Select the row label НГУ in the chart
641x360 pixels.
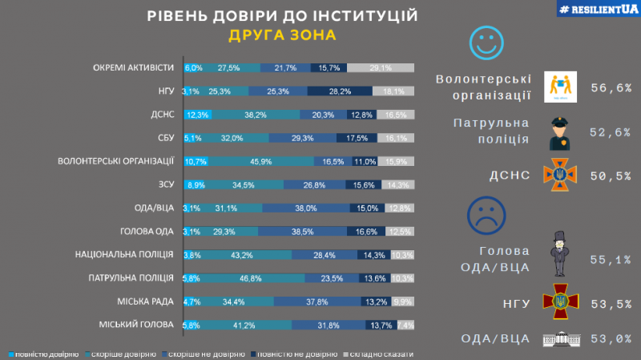point(166,91)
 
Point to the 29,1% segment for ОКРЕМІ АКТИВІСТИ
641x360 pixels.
point(381,67)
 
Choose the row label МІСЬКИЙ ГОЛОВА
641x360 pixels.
point(137,326)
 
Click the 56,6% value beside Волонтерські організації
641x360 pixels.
point(605,86)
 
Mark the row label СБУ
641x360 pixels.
point(164,138)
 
